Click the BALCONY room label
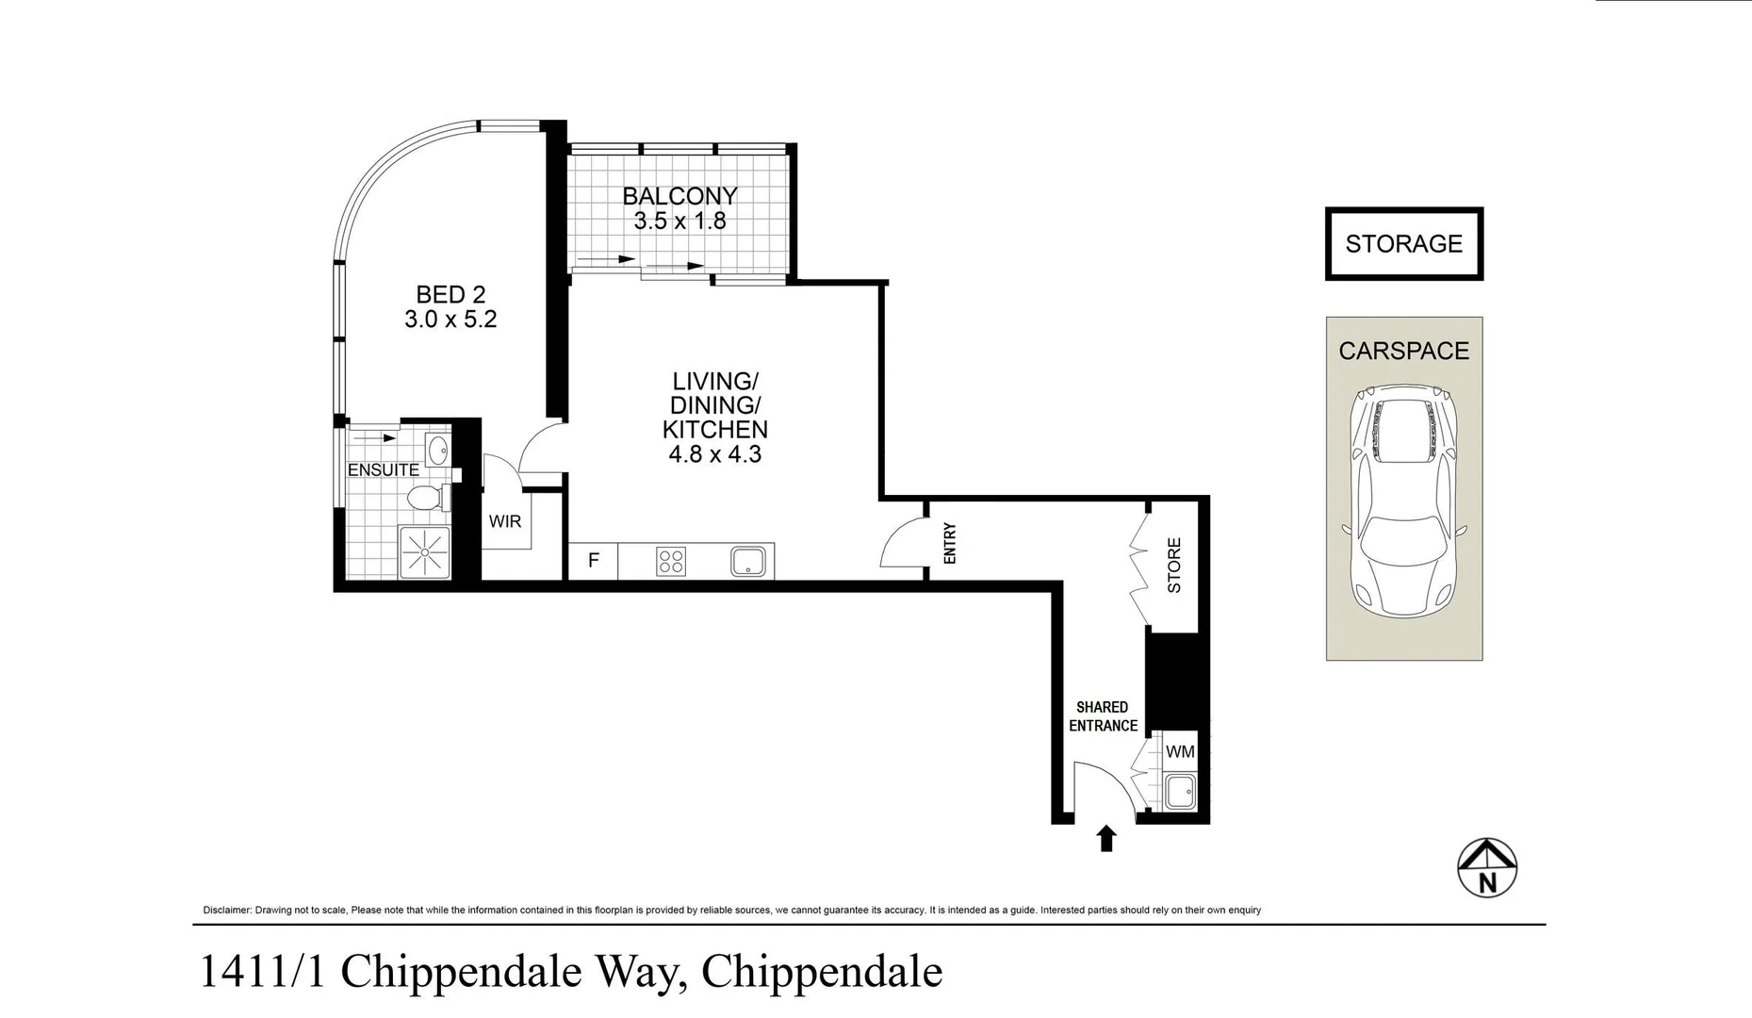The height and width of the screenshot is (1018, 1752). click(680, 196)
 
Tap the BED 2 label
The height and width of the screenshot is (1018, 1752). click(450, 295)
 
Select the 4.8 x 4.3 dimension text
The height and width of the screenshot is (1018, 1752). click(714, 454)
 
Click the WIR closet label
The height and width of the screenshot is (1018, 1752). click(504, 521)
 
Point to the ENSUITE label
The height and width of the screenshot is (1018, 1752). click(383, 469)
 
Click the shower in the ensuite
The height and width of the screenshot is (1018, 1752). click(426, 552)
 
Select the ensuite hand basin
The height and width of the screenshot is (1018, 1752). click(436, 450)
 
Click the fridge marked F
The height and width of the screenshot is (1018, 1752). click(594, 561)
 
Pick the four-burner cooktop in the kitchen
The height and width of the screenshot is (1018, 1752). click(671, 562)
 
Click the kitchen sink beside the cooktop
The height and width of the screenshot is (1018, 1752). click(747, 562)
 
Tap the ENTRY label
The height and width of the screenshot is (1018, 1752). click(949, 543)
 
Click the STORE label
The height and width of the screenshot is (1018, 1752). click(1174, 566)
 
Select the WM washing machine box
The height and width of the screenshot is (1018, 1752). click(1180, 751)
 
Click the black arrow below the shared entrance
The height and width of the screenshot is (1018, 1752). click(1106, 838)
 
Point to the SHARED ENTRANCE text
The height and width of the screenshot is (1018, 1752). click(1103, 716)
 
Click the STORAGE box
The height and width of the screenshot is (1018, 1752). click(1403, 244)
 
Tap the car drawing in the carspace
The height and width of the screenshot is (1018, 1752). click(1403, 500)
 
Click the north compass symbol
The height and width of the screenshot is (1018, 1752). click(1487, 868)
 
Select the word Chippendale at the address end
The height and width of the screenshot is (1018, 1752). click(822, 972)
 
